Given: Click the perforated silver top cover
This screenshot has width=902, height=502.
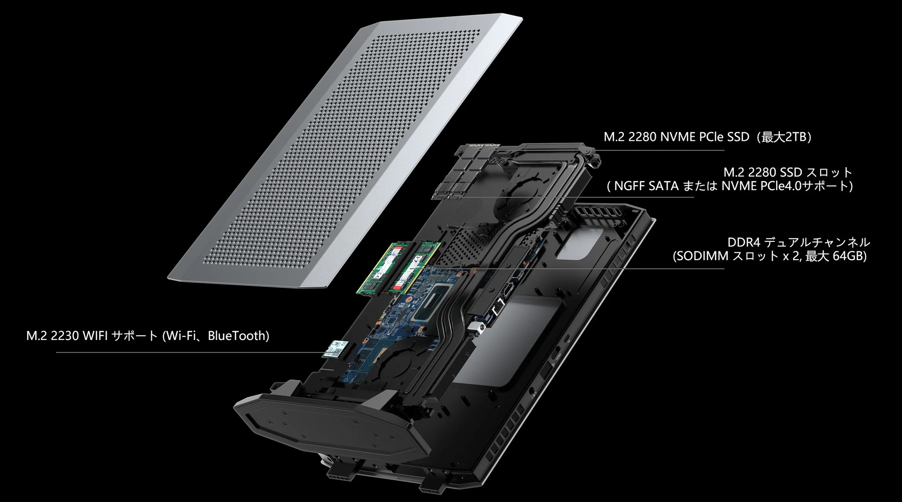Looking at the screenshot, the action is (345, 146).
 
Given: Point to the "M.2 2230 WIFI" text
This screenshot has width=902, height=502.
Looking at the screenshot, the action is (67, 336).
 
